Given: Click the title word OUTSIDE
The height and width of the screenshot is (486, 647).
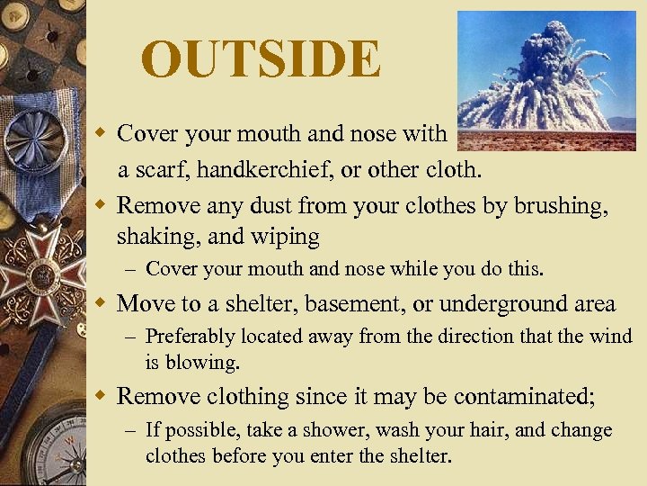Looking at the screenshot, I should tap(261, 59).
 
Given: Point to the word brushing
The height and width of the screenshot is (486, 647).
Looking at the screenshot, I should tap(558, 206).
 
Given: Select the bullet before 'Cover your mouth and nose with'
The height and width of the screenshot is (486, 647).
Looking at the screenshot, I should tap(104, 134).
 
